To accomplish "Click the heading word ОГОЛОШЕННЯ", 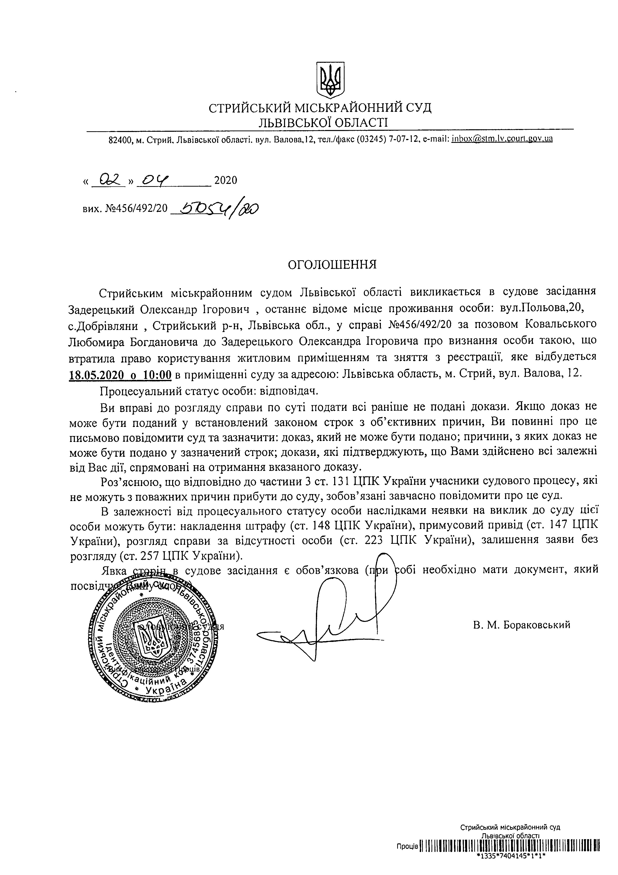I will pos(332,264).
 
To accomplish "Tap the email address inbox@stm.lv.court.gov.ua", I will pos(502,139).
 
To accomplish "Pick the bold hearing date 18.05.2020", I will pos(96,375).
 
